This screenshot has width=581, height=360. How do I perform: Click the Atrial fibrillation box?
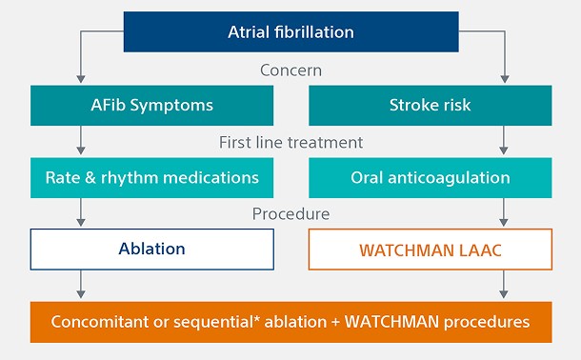click(290, 32)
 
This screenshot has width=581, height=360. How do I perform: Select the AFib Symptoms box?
click(152, 106)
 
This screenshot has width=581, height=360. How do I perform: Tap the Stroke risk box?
click(430, 106)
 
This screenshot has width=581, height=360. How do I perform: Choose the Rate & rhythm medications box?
click(152, 178)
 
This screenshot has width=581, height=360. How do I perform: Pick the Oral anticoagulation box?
click(430, 178)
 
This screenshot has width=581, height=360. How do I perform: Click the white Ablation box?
click(152, 250)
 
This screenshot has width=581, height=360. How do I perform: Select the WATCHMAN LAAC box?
click(430, 250)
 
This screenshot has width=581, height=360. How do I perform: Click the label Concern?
click(290, 70)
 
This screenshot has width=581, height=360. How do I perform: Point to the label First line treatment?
click(290, 142)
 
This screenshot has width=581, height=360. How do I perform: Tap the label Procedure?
click(290, 214)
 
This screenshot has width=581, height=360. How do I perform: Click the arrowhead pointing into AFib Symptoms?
click(81, 81)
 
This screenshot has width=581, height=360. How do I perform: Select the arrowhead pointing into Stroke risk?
click(503, 81)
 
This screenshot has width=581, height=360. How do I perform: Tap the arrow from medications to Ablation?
click(81, 214)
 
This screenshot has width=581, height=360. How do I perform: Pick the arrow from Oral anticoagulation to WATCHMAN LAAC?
click(503, 214)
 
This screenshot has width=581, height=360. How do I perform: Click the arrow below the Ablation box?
click(81, 285)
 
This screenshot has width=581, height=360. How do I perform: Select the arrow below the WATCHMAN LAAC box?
click(503, 285)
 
